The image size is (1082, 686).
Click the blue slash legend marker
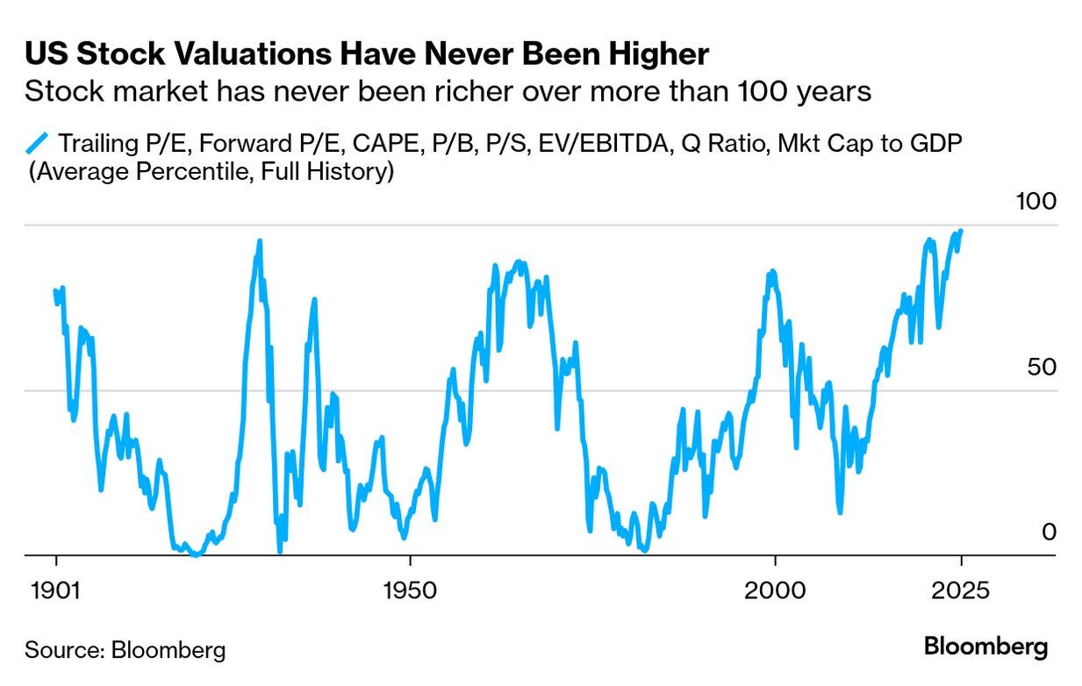(x=39, y=143)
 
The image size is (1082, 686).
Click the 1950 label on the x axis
(x=410, y=590)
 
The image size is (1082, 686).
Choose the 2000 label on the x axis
(x=776, y=590)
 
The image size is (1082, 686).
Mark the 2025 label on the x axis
(x=961, y=590)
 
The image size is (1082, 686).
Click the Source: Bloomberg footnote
(x=125, y=650)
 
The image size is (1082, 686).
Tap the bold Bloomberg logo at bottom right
(x=985, y=647)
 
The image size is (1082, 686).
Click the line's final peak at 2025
(x=962, y=231)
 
